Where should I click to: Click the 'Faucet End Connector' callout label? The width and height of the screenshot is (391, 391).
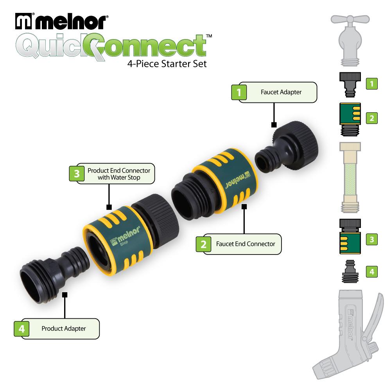pos(245,244)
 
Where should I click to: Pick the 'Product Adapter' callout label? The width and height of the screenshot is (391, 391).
pos(63,328)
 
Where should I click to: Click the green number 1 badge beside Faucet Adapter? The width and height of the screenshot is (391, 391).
pos(239,93)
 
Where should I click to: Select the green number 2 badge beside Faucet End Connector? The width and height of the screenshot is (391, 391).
pos(203,244)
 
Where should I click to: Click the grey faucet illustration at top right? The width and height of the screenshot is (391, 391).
pos(350,39)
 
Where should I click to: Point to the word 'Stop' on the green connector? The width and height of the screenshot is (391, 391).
pos(117,247)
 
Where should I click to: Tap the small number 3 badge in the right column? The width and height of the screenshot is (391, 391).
pos(371,239)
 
